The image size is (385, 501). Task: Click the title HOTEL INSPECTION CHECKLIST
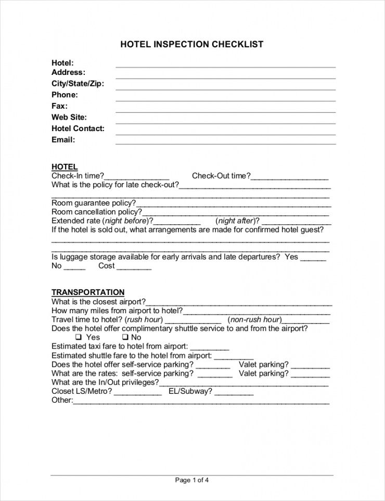[192, 45]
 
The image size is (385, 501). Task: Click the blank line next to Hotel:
[225, 66]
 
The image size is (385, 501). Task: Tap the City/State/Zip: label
[78, 83]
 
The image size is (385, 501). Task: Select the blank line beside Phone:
[225, 100]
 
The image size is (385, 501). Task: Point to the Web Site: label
[69, 117]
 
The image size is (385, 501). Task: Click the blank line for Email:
[225, 143]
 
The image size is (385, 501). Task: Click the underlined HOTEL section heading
[65, 167]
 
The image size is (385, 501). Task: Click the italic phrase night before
[126, 221]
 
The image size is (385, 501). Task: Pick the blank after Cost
[134, 268]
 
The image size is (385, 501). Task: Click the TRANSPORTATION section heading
[88, 292]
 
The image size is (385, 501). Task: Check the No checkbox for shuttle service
[125, 337]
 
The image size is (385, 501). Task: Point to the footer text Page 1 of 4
[192, 480]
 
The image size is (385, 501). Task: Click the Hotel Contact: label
[78, 129]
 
